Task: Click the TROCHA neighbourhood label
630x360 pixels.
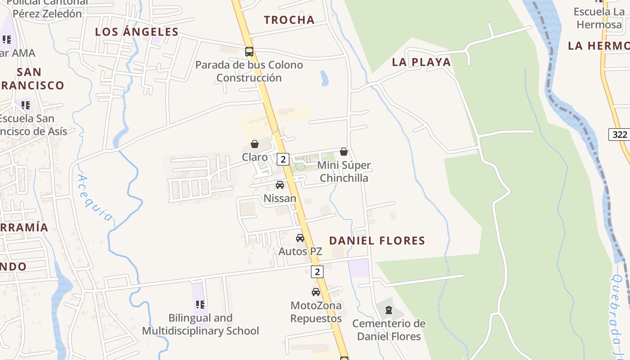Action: [289, 20]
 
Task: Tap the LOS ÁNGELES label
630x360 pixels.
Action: [137, 31]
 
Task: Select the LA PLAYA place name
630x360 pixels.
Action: [421, 62]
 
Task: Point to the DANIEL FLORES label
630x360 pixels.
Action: [377, 241]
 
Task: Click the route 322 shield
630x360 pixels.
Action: [619, 134]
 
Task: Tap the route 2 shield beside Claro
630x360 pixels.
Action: [283, 159]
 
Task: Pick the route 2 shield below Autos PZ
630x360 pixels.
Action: [317, 271]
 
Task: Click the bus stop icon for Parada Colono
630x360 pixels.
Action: [249, 52]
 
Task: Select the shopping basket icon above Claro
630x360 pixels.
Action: [255, 144]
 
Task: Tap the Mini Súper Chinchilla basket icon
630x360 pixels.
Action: [344, 152]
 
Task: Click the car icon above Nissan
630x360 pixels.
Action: [280, 185]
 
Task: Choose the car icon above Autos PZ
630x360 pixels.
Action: [300, 238]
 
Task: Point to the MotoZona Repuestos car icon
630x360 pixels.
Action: [316, 292]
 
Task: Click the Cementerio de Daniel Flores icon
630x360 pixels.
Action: [389, 310]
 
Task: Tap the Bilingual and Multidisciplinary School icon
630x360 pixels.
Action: [200, 305]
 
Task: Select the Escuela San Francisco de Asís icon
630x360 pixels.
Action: [26, 105]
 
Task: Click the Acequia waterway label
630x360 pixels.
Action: [95, 198]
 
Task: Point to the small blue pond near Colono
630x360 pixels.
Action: [324, 78]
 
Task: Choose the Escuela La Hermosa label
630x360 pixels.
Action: [599, 18]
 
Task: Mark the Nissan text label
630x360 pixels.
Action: [280, 198]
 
